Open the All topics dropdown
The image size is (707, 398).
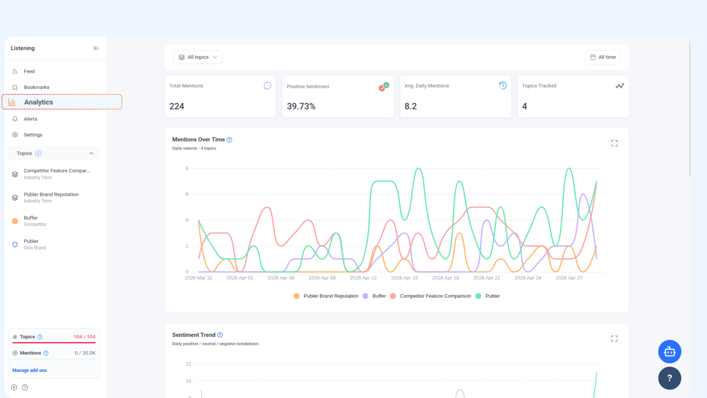pyautogui.click(x=198, y=57)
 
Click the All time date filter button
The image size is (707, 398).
pyautogui.click(x=603, y=57)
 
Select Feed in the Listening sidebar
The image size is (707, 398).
pyautogui.click(x=29, y=71)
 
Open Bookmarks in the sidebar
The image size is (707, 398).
pyautogui.click(x=36, y=87)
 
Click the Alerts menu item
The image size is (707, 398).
pyautogui.click(x=30, y=119)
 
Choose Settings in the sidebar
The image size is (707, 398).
pyautogui.click(x=33, y=135)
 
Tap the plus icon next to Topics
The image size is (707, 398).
pyautogui.click(x=38, y=153)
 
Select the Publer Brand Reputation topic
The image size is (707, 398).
pyautogui.click(x=51, y=198)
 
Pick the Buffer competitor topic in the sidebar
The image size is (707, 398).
pyautogui.click(x=35, y=221)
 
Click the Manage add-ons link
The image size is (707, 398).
pyautogui.click(x=29, y=370)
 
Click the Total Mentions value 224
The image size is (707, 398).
pyautogui.click(x=177, y=106)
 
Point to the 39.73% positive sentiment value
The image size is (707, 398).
pyautogui.click(x=301, y=106)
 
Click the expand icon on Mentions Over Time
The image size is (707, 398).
pyautogui.click(x=614, y=143)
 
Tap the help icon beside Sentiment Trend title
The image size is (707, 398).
pyautogui.click(x=220, y=335)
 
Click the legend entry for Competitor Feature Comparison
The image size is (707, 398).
pyautogui.click(x=430, y=296)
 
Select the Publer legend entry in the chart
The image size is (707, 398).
pyautogui.click(x=488, y=296)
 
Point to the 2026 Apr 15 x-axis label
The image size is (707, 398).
pyautogui.click(x=404, y=278)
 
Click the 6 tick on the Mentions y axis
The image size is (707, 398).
pyautogui.click(x=187, y=194)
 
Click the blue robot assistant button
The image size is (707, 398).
pyautogui.click(x=669, y=352)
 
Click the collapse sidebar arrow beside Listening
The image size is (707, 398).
pyautogui.click(x=96, y=48)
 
